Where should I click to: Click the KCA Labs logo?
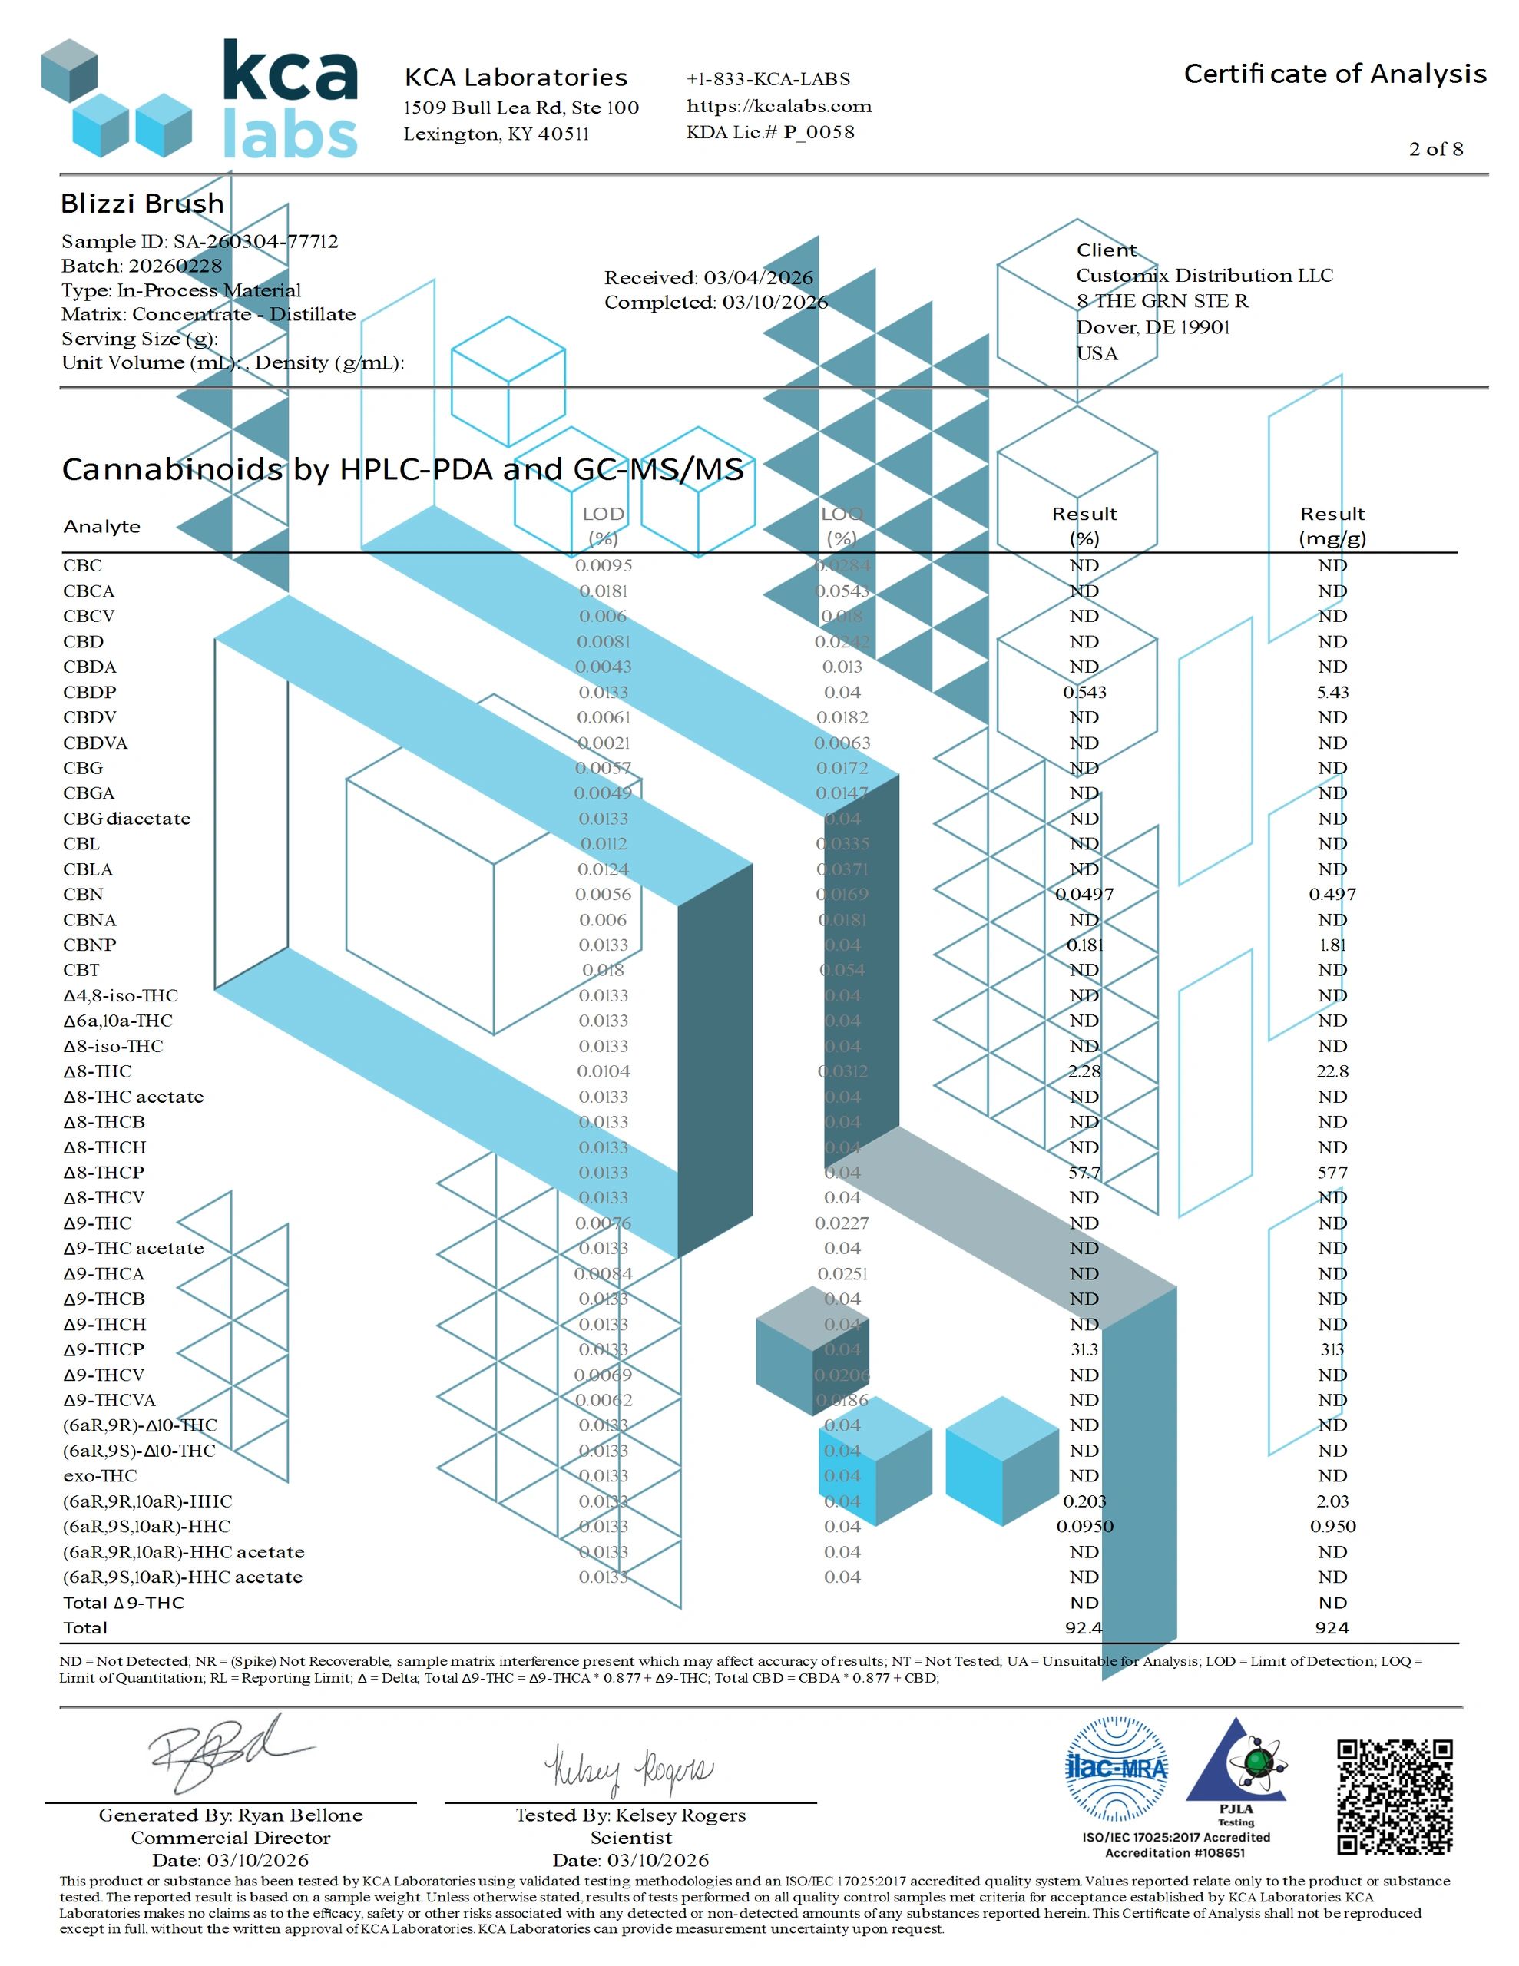pyautogui.click(x=200, y=99)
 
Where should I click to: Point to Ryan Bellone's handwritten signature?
pyautogui.click(x=225, y=1753)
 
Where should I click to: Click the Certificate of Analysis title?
pyautogui.click(x=1335, y=74)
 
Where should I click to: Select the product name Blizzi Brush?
pyautogui.click(x=142, y=204)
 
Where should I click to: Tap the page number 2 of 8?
pyautogui.click(x=1435, y=150)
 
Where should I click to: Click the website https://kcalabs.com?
pyautogui.click(x=779, y=106)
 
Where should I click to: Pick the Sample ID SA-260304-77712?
pyautogui.click(x=200, y=241)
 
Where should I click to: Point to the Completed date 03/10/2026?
pyautogui.click(x=716, y=303)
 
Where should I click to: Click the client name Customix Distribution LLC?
pyautogui.click(x=1204, y=276)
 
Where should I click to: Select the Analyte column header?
pyautogui.click(x=101, y=527)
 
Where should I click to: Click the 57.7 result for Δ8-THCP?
pyautogui.click(x=1084, y=1172)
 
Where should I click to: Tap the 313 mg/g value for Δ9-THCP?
pyautogui.click(x=1332, y=1349)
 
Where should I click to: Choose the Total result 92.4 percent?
pyautogui.click(x=1084, y=1627)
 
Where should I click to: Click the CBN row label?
pyautogui.click(x=83, y=894)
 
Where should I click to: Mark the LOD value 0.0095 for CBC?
pyautogui.click(x=604, y=565)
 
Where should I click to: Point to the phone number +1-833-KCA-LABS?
pyautogui.click(x=768, y=79)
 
